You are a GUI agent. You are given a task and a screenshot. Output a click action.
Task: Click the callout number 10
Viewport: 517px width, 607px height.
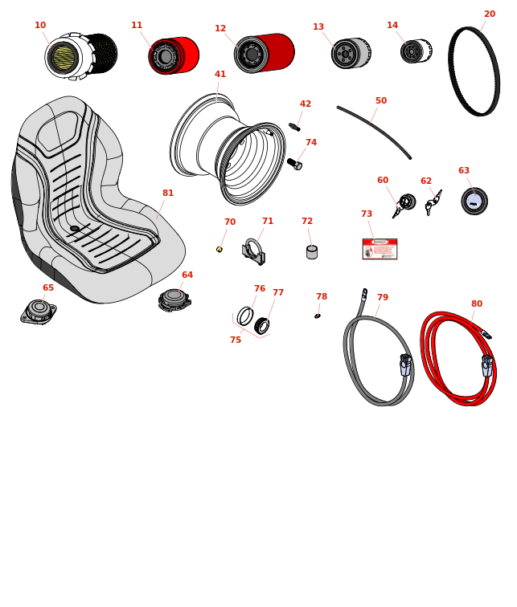click(40, 26)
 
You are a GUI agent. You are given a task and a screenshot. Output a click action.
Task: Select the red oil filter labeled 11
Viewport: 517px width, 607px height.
click(173, 55)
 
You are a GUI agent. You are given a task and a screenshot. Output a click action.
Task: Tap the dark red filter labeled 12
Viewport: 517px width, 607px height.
click(264, 53)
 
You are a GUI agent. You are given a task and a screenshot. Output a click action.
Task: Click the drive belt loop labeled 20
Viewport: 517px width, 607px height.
click(474, 71)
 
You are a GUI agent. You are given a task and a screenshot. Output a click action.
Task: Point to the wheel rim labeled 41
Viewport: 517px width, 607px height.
click(228, 149)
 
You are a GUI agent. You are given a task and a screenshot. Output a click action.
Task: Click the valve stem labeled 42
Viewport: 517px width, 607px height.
click(294, 127)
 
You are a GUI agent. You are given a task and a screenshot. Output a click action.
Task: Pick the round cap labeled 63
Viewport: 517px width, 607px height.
click(474, 201)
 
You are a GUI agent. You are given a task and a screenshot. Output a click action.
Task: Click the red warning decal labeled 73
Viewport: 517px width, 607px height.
click(380, 249)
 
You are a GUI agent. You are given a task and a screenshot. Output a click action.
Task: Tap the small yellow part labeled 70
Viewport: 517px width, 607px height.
click(219, 250)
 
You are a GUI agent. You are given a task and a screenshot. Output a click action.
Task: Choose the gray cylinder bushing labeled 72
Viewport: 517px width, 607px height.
click(312, 252)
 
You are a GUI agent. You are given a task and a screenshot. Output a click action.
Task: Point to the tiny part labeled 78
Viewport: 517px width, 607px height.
click(317, 316)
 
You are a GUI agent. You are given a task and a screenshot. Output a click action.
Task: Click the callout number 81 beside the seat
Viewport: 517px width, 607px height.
click(168, 194)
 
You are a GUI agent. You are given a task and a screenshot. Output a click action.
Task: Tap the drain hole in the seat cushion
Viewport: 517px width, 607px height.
click(75, 229)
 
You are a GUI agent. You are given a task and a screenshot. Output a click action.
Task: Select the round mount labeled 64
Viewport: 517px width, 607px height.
click(174, 299)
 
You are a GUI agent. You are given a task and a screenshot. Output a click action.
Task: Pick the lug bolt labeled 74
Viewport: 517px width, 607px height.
click(294, 164)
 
